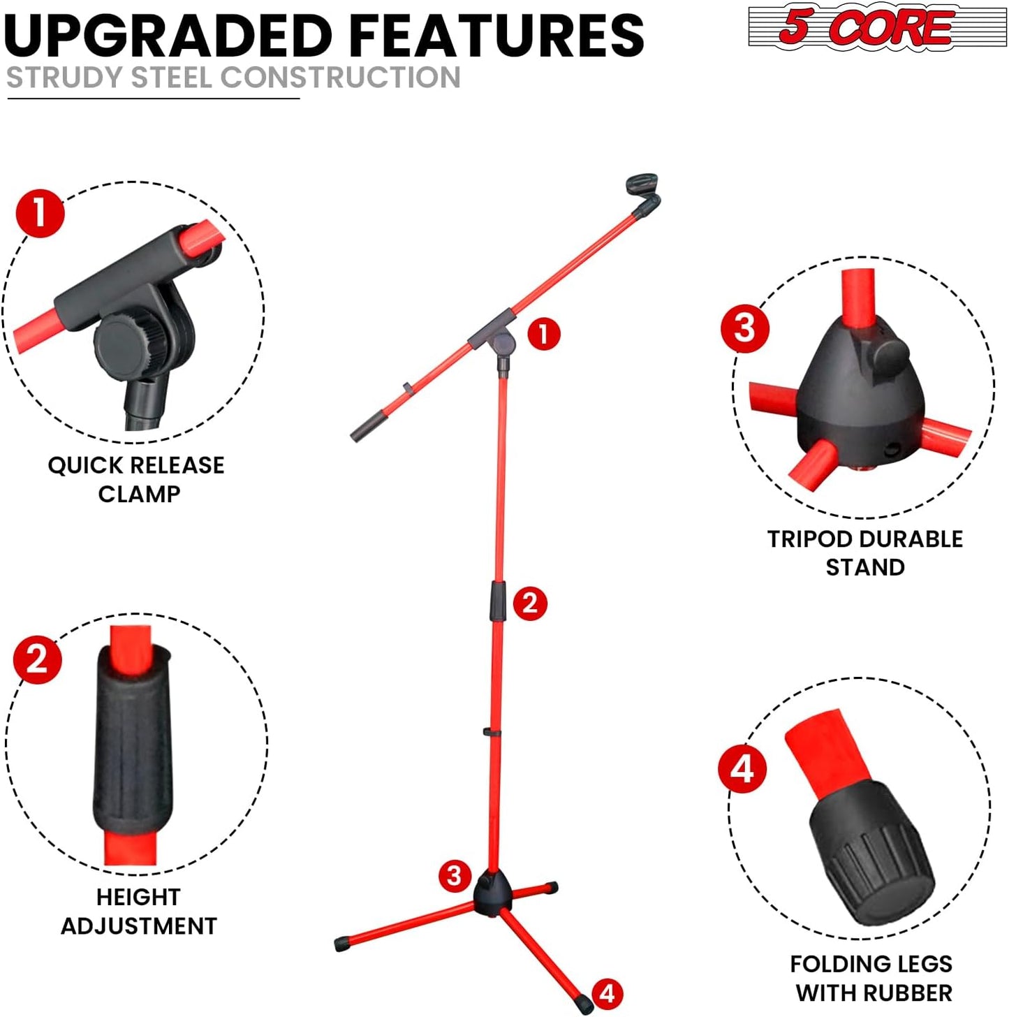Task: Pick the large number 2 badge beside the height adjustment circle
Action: [38, 659]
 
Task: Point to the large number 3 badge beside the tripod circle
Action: [745, 328]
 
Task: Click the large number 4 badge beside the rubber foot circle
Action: [742, 768]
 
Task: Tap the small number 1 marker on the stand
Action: [544, 334]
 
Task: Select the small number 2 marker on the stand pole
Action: [530, 603]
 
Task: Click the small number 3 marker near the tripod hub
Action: [455, 875]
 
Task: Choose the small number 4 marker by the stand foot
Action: [607, 993]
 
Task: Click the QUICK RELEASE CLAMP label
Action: [137, 479]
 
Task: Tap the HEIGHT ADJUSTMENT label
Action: [139, 911]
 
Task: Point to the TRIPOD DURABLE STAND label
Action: [865, 553]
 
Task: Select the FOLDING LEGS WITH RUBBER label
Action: [871, 978]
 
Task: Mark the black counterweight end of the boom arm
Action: [367, 427]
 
